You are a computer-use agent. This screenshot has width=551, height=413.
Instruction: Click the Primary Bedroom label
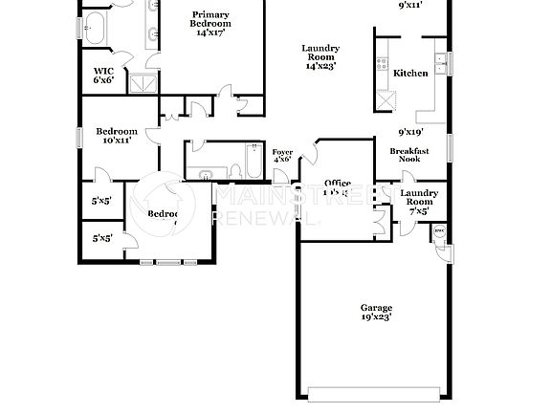pos(209,18)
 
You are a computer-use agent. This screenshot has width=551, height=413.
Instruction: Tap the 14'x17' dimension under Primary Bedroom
pos(209,32)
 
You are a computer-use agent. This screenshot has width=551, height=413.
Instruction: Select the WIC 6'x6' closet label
pos(104,76)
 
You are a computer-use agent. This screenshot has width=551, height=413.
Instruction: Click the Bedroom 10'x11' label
pos(116,135)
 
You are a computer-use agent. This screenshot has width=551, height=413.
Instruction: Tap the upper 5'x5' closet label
pos(101,202)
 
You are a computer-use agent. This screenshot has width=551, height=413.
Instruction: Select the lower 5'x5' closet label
pos(101,238)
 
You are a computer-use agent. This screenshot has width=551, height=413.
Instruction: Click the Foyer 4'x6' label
pos(282,156)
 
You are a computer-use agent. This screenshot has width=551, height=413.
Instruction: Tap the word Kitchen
pos(410,73)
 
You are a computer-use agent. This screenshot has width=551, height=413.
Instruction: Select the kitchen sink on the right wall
pos(440,64)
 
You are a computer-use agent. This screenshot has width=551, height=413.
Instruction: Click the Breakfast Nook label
pos(409,154)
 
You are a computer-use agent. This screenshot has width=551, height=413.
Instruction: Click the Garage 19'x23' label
pos(376,312)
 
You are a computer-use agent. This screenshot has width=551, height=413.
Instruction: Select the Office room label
pos(337,184)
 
